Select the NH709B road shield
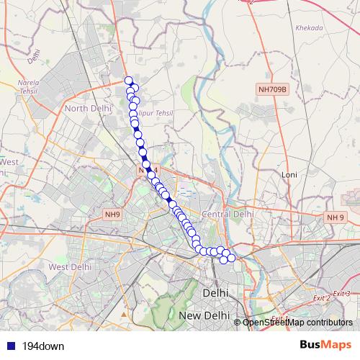coord(272,90)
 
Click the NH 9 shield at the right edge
coord(335,217)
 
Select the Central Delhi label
coord(228,214)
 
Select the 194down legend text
coord(43,346)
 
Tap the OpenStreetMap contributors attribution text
coord(297,323)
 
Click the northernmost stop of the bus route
coord(129,81)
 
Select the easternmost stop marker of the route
coord(231,258)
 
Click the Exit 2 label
coord(320,297)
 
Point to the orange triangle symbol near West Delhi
coord(124,314)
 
